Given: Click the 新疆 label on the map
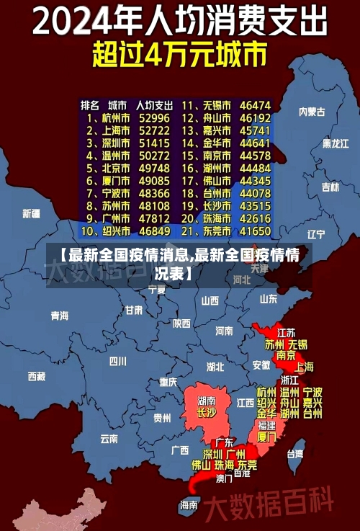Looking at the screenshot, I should coord(32,214).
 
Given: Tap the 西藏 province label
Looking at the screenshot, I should coord(36,376).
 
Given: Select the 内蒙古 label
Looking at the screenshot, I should coord(312,112).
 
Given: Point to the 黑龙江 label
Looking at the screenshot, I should coord(335,144).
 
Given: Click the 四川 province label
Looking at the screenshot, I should coord(117,361).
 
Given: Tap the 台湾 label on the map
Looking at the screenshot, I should coord(295,454).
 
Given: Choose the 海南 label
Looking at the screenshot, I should coord(189,505).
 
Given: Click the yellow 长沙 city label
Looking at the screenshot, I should coord(207,414).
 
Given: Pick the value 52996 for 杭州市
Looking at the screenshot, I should coord(154,117).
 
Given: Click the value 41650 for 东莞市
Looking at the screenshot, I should coord(255,232).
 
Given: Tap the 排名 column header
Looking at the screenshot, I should coord(89,104).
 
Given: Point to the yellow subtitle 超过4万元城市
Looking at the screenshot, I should coord(179,55).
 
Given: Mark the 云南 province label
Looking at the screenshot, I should coord(109,438).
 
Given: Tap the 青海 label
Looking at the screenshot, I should coord(59,316).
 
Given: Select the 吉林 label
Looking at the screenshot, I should coord(330,187).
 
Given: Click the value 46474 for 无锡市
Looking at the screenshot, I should coord(255,104).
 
